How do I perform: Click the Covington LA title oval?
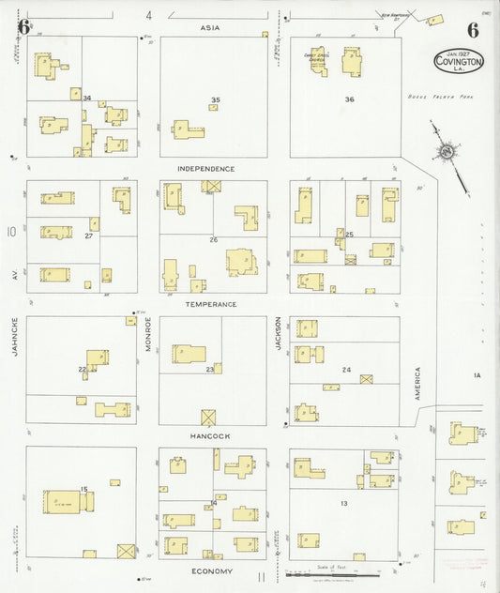coord(459,61)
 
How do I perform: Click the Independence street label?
coord(206,169)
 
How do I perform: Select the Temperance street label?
coord(211,305)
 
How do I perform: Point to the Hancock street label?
coord(209,436)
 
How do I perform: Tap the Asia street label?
coord(210,28)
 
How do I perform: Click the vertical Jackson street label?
coord(279,334)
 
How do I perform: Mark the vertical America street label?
coord(418,384)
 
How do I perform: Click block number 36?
coord(349,99)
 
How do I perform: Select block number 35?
coord(216,99)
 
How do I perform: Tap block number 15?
coord(83,489)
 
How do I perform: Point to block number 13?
coord(344,505)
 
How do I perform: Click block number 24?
coord(346,370)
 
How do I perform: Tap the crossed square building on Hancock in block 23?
coord(208,417)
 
